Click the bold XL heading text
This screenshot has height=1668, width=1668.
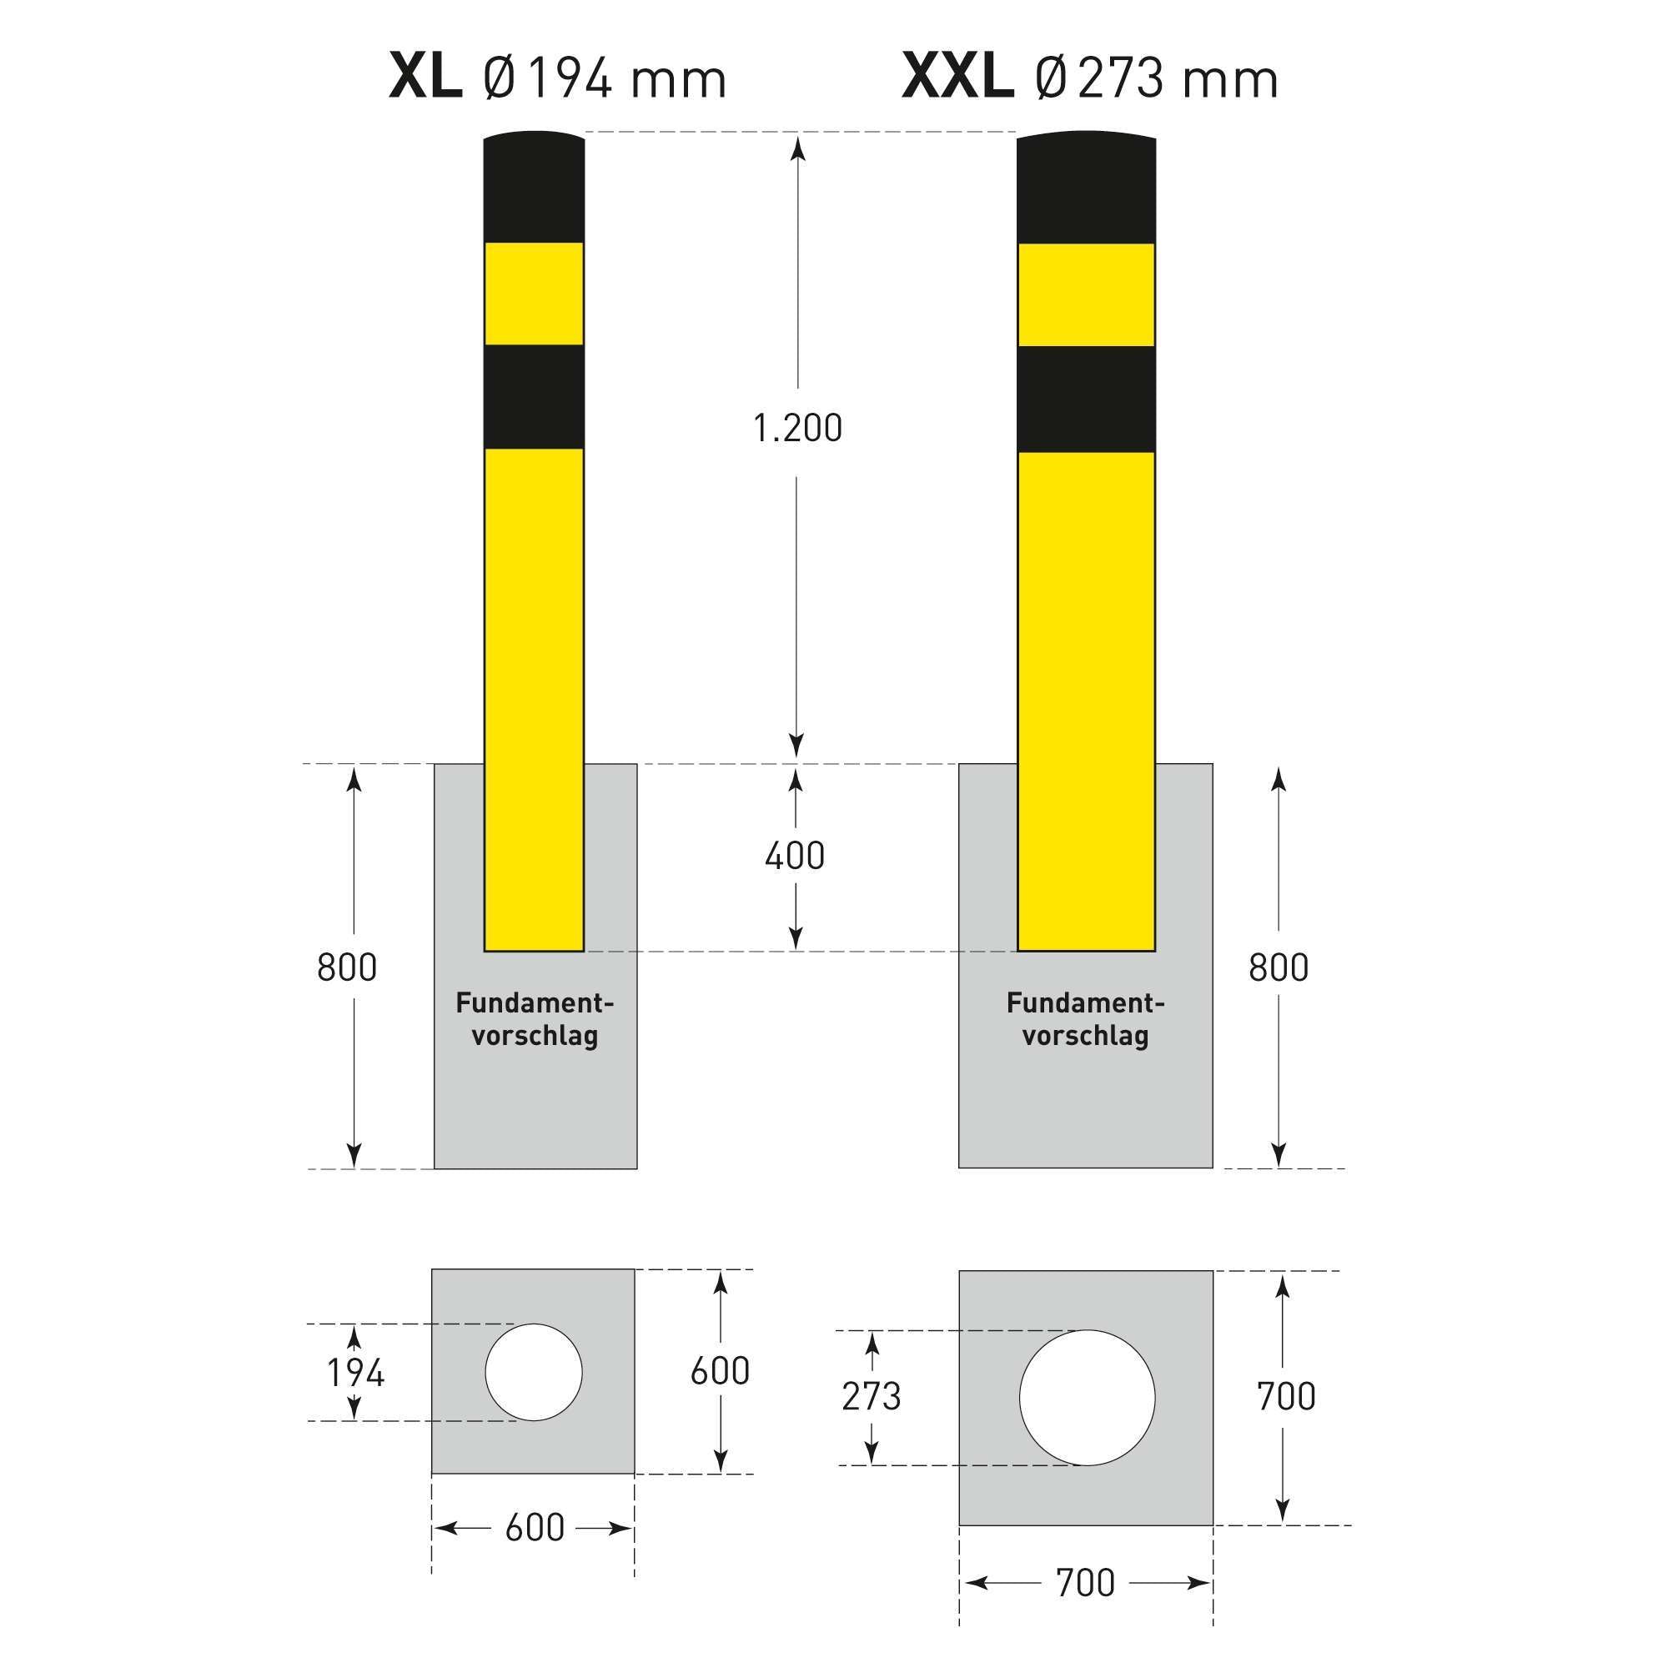click(425, 78)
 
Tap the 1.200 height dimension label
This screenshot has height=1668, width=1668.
click(796, 428)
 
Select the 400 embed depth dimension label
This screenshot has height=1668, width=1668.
click(795, 856)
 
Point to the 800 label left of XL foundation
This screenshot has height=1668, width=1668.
click(346, 967)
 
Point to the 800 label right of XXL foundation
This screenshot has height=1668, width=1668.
click(1278, 967)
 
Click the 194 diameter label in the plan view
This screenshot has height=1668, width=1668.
click(354, 1372)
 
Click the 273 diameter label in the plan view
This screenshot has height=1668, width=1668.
click(872, 1396)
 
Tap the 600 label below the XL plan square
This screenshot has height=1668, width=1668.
click(535, 1528)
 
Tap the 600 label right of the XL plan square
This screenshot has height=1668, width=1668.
click(719, 1371)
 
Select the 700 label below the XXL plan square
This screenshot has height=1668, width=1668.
click(1085, 1583)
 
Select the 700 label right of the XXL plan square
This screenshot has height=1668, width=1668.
click(1285, 1396)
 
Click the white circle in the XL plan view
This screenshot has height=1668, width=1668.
click(534, 1372)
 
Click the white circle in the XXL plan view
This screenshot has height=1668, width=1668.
click(1086, 1397)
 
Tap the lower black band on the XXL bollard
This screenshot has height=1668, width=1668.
click(1086, 399)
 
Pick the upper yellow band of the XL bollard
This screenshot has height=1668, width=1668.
click(534, 294)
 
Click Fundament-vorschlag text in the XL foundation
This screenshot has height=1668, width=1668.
click(535, 1020)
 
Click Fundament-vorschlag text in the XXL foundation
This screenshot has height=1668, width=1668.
click(1085, 1020)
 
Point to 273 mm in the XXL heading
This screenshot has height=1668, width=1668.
click(1177, 79)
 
